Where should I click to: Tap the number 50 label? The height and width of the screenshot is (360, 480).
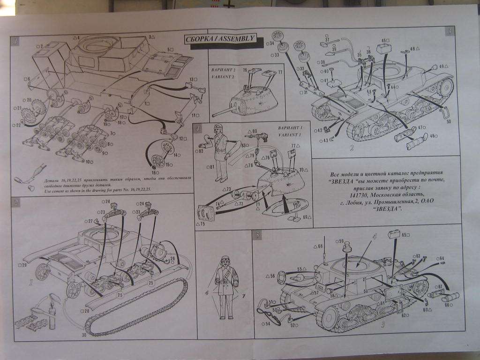coord(449,122)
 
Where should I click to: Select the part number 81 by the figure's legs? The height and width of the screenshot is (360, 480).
coord(212,166)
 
